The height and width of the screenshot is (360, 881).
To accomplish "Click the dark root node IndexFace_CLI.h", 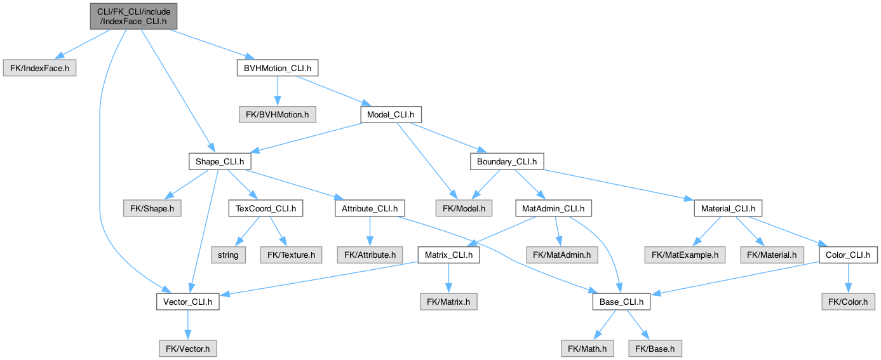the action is [x=133, y=17].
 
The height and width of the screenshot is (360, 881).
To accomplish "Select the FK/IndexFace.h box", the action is [x=39, y=68].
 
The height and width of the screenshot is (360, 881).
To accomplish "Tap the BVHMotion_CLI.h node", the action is [x=278, y=68].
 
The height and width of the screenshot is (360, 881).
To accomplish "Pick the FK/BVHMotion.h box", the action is [x=278, y=114].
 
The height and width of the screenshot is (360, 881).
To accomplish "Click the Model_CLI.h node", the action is [x=391, y=114].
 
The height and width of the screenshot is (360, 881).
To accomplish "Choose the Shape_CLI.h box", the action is [x=220, y=161].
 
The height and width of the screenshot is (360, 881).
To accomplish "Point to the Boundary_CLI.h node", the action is [x=507, y=161].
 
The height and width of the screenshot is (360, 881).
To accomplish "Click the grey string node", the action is [x=228, y=255].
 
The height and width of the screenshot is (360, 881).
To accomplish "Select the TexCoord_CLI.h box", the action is [x=266, y=208].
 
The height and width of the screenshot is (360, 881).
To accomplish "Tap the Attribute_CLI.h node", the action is [x=370, y=208].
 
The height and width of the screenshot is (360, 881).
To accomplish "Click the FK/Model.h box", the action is [x=464, y=208].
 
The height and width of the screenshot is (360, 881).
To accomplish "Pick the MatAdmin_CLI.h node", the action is [x=553, y=208].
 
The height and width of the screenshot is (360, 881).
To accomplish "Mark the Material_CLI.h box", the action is [x=728, y=208].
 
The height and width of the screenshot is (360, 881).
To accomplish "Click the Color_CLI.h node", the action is [x=848, y=255].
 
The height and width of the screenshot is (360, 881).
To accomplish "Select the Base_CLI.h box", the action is [x=621, y=302].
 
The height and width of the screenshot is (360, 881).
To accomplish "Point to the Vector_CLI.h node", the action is [x=187, y=302].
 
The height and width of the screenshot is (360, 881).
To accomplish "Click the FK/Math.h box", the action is [x=587, y=349].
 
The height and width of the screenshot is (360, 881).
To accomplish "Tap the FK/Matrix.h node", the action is [x=448, y=302].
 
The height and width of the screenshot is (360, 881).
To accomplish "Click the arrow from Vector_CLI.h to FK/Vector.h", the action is [x=187, y=325].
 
